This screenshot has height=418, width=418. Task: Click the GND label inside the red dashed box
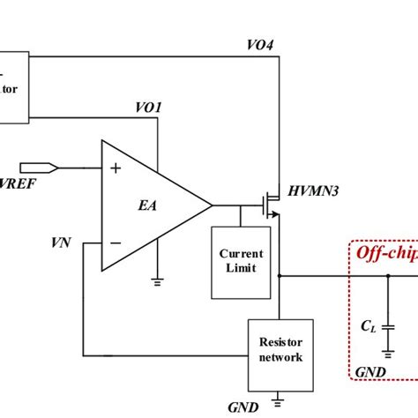pos(369,371)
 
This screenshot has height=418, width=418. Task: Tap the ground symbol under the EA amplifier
pos(157,281)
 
